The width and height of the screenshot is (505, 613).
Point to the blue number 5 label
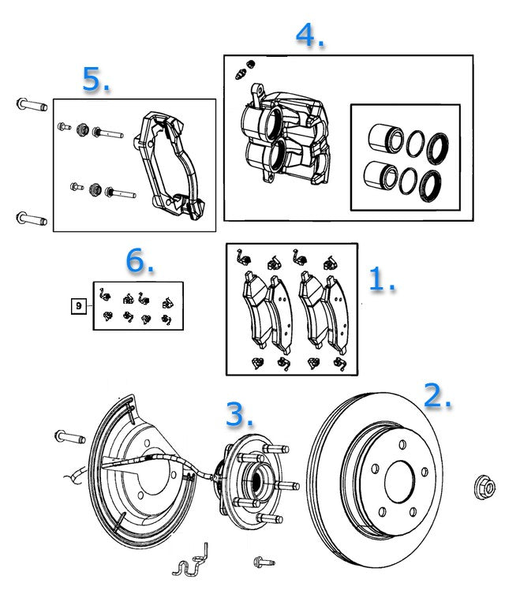pos(95,79)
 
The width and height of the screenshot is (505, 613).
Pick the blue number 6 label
pos(140,262)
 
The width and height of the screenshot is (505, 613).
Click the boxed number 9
pos(79,305)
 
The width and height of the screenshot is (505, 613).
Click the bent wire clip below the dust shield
pos(191,562)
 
